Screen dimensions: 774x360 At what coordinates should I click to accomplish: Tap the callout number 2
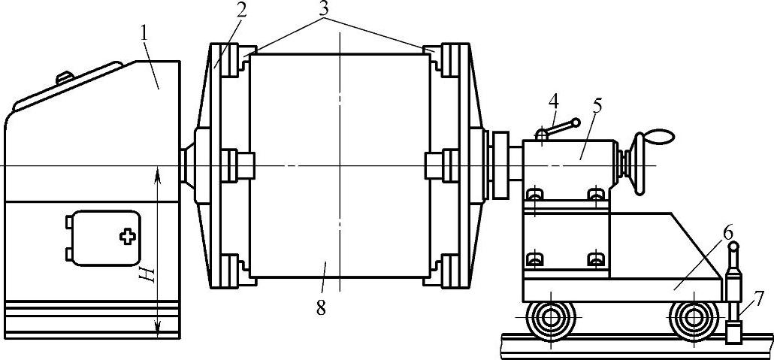click(x=240, y=13)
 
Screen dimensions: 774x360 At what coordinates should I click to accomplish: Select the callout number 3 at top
click(x=324, y=10)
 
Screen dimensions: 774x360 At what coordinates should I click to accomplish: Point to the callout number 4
click(x=553, y=101)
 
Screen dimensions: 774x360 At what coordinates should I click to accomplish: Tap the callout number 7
click(x=758, y=298)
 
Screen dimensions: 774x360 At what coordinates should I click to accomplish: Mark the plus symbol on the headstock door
click(x=127, y=237)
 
